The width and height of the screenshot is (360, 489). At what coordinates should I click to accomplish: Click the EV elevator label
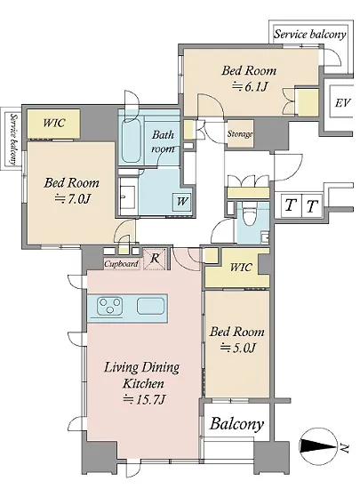tap(342, 102)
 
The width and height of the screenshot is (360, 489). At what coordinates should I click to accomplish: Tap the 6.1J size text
tap(250, 86)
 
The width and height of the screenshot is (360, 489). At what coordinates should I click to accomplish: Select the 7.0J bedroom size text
tap(72, 198)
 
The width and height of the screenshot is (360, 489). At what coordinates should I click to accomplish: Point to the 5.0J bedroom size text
tap(238, 347)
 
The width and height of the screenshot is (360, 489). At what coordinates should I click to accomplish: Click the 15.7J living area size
tap(144, 399)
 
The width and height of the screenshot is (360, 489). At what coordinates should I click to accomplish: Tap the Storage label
tap(240, 133)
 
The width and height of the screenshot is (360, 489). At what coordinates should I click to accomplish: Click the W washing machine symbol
tap(181, 201)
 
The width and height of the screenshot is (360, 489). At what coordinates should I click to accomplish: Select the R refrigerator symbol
tap(155, 258)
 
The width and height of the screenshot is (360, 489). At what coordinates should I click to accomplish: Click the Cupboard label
tap(121, 264)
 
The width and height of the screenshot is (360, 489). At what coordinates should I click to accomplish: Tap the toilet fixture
tap(250, 214)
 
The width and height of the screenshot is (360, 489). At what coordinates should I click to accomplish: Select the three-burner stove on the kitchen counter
tap(109, 305)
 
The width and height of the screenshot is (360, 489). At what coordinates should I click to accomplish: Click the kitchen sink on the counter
tap(150, 306)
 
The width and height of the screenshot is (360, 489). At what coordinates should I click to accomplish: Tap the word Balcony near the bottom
tap(236, 423)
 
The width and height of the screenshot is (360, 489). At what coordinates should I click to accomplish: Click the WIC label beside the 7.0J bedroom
tap(54, 123)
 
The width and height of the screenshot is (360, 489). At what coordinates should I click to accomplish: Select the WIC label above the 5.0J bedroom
tap(241, 268)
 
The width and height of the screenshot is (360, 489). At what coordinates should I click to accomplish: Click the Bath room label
tap(163, 141)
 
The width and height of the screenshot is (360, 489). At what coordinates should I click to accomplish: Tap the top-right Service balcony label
tap(310, 34)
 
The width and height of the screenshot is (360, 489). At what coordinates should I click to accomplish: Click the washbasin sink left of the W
tap(128, 197)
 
